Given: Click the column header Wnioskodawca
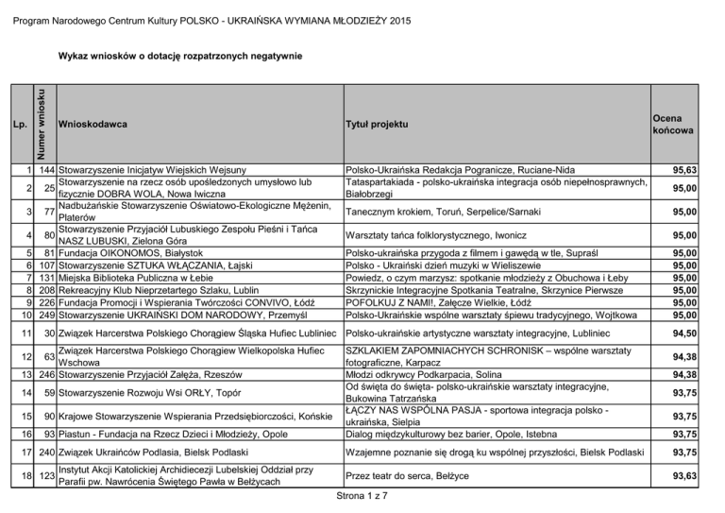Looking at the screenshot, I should coord(93,124).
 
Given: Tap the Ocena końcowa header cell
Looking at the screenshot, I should coord(672,124).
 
